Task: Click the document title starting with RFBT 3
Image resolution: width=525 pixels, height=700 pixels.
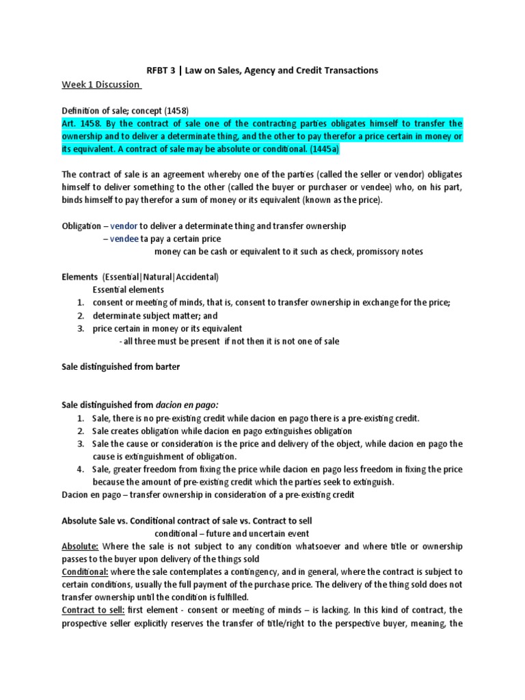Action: (262, 70)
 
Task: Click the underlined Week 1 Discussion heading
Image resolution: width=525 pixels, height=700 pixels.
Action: (101, 84)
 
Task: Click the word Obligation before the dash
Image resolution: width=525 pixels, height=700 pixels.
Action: (81, 226)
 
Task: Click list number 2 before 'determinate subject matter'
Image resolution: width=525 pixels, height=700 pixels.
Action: (80, 316)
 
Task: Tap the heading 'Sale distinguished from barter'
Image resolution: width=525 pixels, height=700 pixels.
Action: (121, 366)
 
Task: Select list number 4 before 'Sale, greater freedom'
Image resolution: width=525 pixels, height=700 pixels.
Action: (80, 469)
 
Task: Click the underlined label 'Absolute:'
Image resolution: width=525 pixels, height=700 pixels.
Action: (81, 546)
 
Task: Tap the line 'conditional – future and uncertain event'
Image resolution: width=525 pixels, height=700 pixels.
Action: (232, 533)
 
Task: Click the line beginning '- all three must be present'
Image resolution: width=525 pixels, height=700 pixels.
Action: (228, 341)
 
